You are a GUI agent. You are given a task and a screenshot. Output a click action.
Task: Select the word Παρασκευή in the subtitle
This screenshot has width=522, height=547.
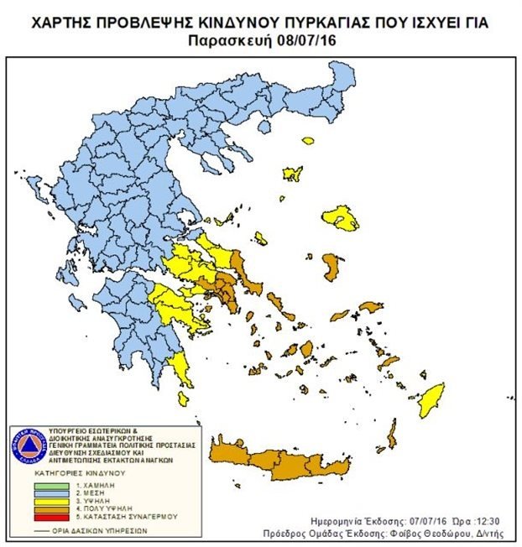(234, 39)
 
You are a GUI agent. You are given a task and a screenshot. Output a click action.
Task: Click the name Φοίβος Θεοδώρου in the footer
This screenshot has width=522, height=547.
(447, 532)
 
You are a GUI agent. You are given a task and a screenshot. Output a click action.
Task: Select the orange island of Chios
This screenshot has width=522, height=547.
(332, 268)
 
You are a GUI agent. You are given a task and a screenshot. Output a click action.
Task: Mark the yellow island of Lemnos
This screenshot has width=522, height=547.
(293, 174)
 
